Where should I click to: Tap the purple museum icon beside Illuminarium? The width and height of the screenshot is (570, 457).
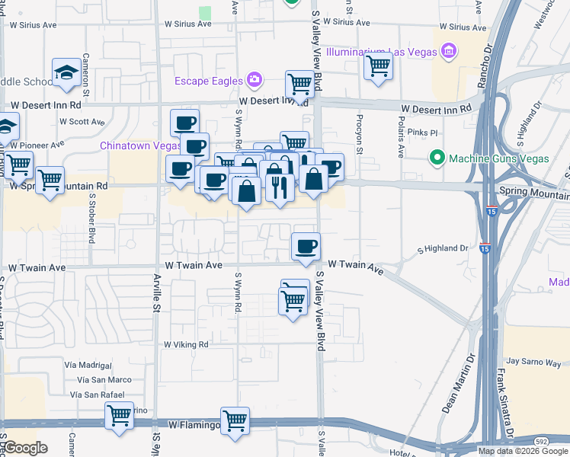click(x=449, y=52)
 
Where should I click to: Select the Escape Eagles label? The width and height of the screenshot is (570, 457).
click(x=207, y=81)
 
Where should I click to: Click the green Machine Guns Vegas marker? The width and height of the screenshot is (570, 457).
click(x=437, y=158)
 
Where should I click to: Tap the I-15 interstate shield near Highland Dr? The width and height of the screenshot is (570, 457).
click(x=485, y=248)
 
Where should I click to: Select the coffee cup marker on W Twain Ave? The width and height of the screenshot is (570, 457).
click(x=306, y=247)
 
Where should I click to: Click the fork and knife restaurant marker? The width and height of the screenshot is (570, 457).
click(x=280, y=186)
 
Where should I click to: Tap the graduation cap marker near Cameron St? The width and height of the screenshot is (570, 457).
click(x=66, y=73)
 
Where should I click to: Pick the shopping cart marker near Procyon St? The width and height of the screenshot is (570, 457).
click(x=378, y=67)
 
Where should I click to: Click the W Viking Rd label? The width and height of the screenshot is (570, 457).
click(x=186, y=344)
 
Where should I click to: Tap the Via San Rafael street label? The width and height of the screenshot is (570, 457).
click(x=96, y=394)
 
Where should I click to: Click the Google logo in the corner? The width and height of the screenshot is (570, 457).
click(x=25, y=448)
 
